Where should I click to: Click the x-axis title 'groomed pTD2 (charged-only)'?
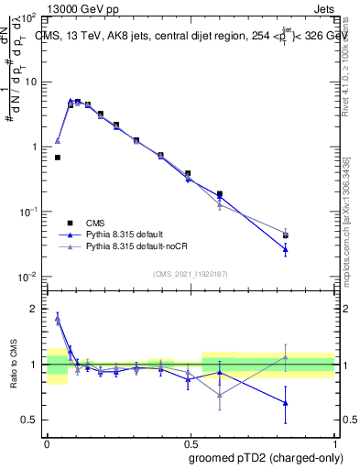tap(265, 458)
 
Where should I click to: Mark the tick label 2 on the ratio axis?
tap(35, 310)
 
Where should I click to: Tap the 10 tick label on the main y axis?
tap(29, 82)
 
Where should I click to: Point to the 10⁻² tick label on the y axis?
tap(27, 277)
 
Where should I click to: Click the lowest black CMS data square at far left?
tap(58, 158)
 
